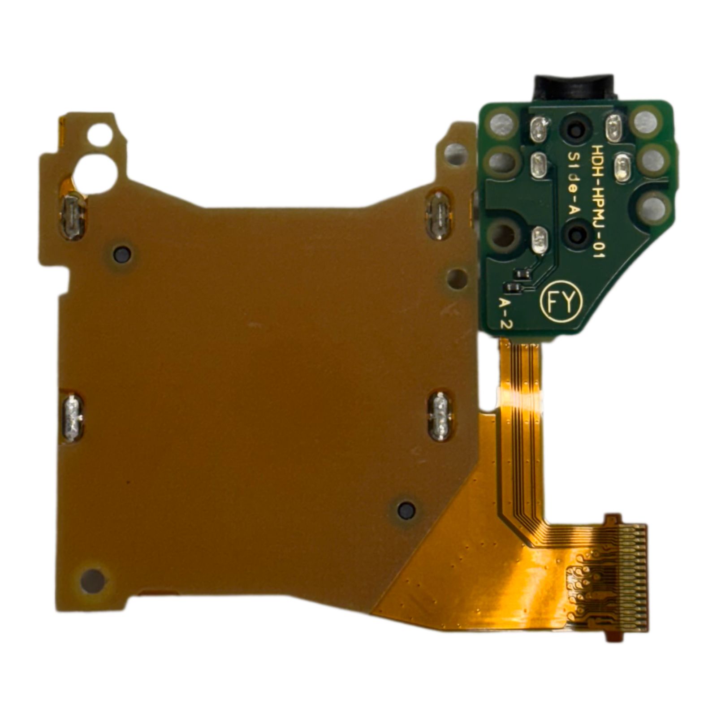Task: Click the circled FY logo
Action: coord(562,303)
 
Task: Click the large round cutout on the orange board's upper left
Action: coord(95,172)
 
